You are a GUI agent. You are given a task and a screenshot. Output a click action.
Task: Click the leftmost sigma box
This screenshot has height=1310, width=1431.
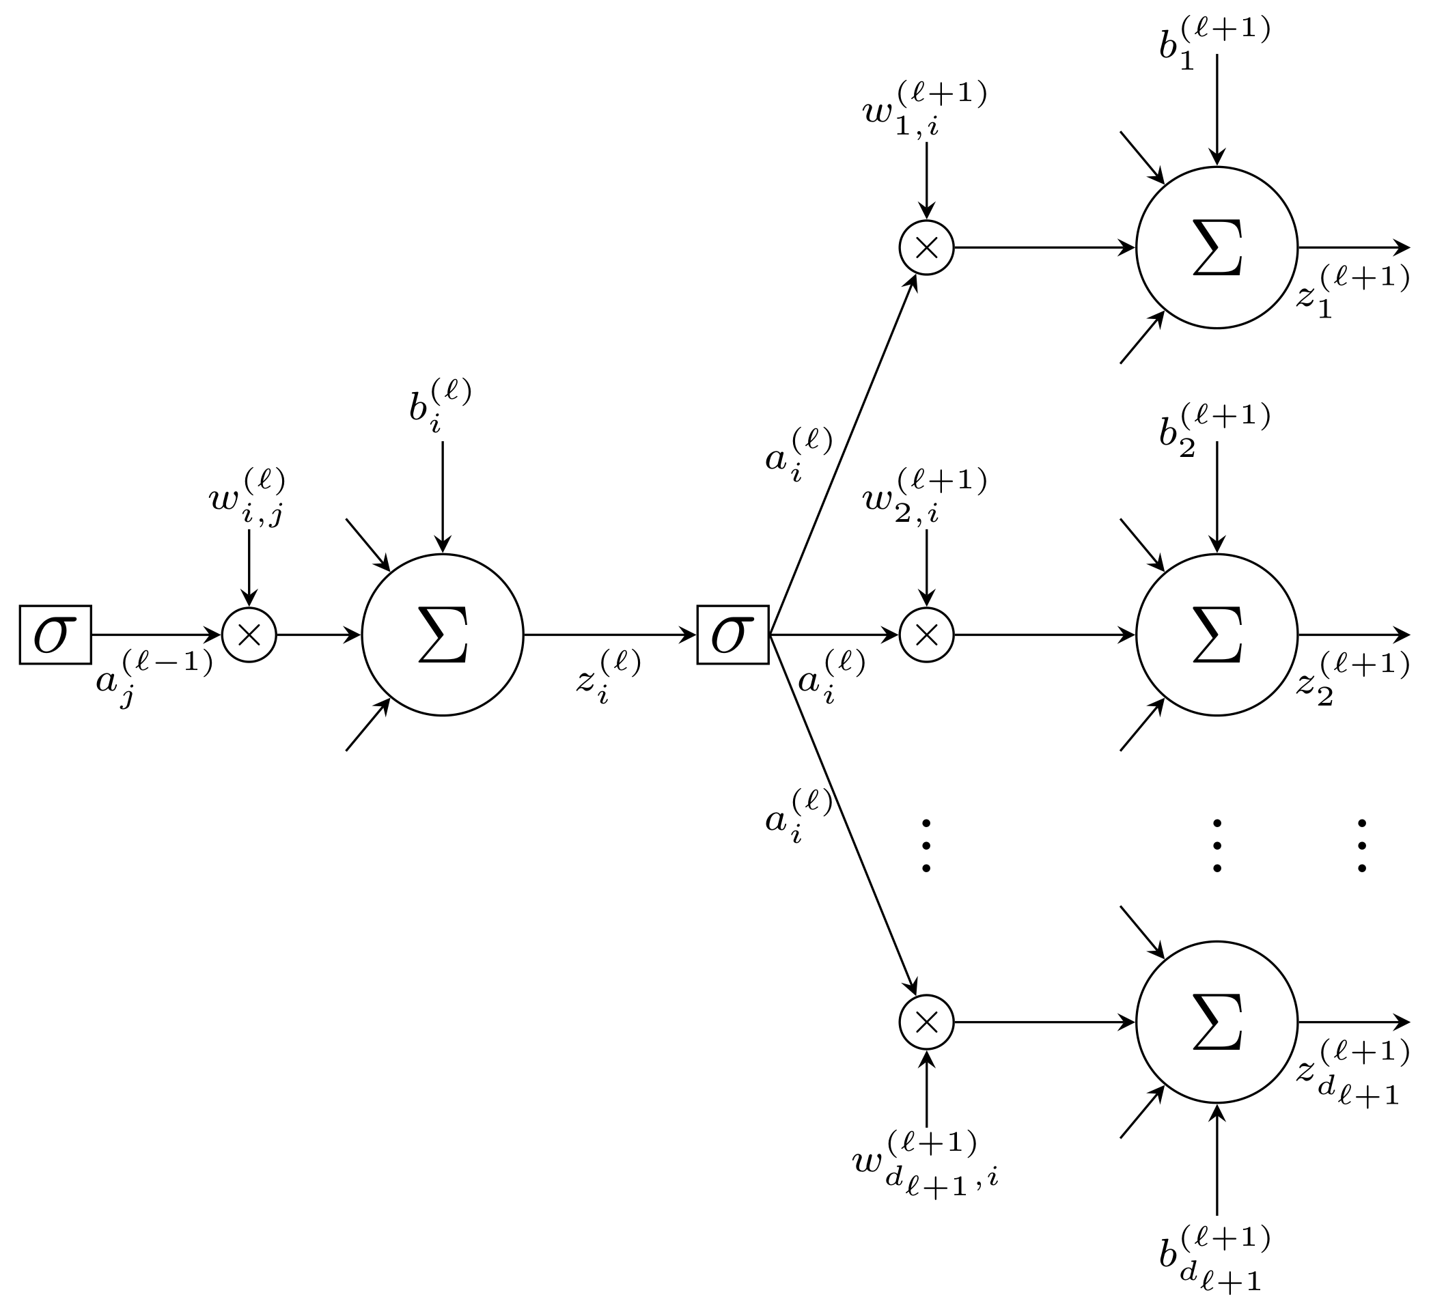point(55,635)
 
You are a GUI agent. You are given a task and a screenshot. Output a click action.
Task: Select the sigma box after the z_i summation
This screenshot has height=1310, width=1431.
point(732,635)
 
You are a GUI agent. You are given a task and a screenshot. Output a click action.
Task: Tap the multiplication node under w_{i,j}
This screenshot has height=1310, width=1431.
point(249,635)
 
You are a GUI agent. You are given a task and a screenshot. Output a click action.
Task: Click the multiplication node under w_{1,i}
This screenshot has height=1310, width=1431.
point(926,248)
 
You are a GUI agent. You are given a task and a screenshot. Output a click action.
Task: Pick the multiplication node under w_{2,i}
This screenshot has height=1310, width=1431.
point(926,635)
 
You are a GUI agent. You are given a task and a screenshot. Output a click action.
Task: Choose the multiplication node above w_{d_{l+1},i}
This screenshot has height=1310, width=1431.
point(926,1022)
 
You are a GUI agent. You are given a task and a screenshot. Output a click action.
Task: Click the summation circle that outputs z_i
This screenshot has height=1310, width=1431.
point(442,635)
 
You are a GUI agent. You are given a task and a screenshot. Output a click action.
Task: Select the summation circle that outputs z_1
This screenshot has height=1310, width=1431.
point(1217,248)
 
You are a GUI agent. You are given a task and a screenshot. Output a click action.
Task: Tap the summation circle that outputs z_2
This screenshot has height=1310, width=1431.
point(1217,635)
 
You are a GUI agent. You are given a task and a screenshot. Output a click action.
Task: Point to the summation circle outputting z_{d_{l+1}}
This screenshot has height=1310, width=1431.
point(1217,1022)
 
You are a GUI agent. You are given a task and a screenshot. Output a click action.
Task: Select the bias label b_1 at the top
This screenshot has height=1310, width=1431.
point(1214,42)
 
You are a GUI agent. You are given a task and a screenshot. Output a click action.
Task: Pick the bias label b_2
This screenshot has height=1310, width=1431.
point(1214,430)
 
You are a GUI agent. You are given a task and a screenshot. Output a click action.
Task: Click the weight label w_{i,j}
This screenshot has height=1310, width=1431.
point(247,497)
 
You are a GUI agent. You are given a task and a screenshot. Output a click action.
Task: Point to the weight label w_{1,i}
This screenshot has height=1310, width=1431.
point(924,110)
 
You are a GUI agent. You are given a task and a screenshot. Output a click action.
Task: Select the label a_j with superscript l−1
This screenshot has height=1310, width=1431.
point(153,678)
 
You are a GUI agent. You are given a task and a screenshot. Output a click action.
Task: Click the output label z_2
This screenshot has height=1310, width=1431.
point(1352,678)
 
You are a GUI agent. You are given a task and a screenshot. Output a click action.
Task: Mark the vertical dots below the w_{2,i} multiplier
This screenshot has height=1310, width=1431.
point(926,844)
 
